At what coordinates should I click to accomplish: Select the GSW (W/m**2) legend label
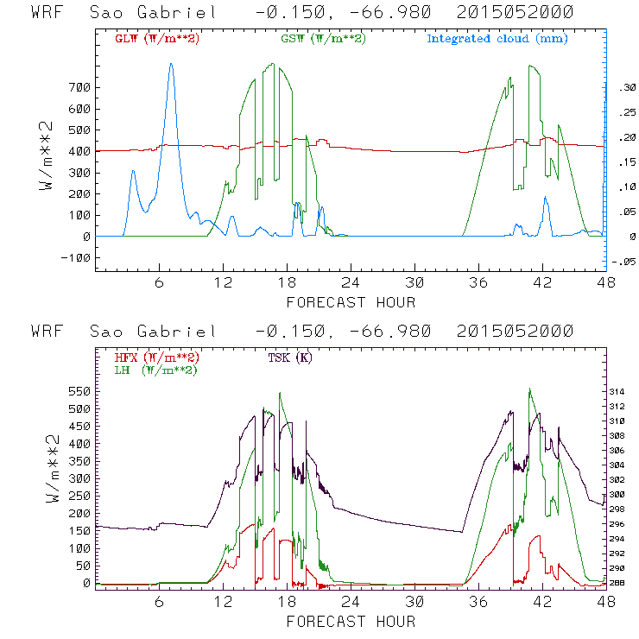[x=324, y=39]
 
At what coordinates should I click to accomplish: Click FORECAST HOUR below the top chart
[x=351, y=302]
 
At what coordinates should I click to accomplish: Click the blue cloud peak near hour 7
[x=171, y=64]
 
